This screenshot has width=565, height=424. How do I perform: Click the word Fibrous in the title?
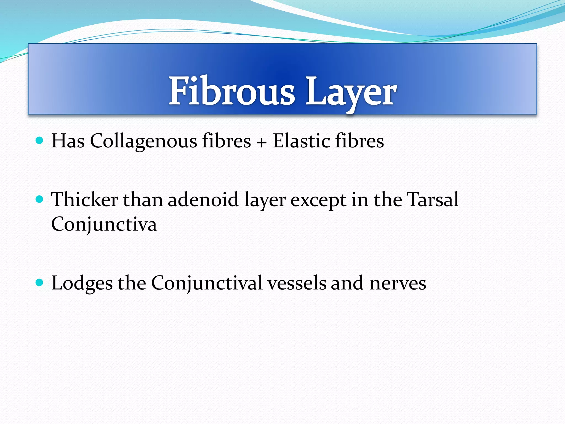pyautogui.click(x=232, y=91)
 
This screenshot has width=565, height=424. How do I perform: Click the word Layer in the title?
pyautogui.click(x=351, y=92)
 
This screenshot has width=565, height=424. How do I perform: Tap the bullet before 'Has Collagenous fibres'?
pyautogui.click(x=40, y=141)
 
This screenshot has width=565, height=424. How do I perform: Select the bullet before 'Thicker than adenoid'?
pyautogui.click(x=40, y=199)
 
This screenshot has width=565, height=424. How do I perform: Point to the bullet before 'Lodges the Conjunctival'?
pyautogui.click(x=40, y=283)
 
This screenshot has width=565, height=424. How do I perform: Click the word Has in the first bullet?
pyautogui.click(x=68, y=141)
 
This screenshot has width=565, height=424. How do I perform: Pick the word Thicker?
pyautogui.click(x=84, y=199)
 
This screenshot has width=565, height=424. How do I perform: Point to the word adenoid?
pyautogui.click(x=203, y=199)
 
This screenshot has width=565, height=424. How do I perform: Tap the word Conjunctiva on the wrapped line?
pyautogui.click(x=104, y=224)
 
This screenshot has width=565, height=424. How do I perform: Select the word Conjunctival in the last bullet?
pyautogui.click(x=207, y=283)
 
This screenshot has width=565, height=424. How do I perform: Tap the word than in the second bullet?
pyautogui.click(x=143, y=199)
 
